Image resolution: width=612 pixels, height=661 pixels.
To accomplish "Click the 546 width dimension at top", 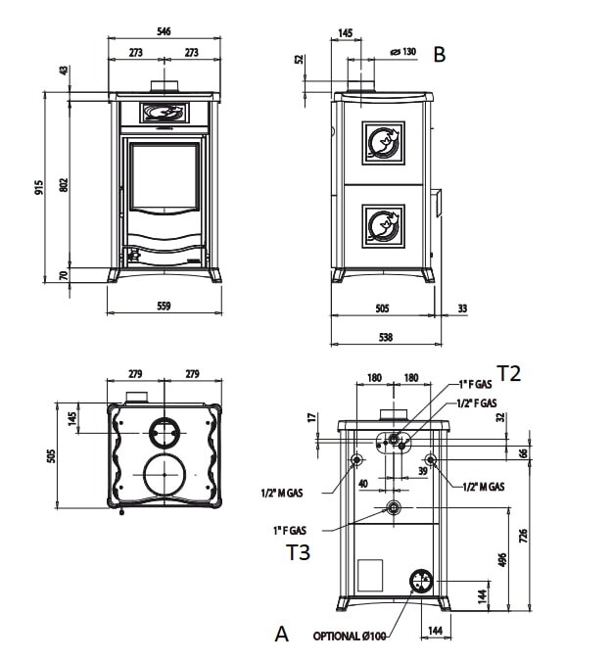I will click(x=164, y=31).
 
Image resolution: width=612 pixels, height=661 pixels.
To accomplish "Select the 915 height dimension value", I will click(x=39, y=186).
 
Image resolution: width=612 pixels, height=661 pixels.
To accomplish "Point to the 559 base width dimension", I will click(x=164, y=306).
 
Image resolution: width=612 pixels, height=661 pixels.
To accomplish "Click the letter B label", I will click(x=440, y=55).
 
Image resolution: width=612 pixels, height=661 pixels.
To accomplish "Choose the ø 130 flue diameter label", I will click(x=402, y=52).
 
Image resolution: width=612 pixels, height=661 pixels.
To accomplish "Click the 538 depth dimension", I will click(x=385, y=338).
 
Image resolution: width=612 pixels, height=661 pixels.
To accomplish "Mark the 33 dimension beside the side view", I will click(x=461, y=308).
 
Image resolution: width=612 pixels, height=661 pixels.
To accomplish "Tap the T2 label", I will click(x=508, y=372).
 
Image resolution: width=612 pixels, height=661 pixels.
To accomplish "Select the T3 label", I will click(x=298, y=553).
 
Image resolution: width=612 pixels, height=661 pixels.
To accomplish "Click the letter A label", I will click(x=282, y=634).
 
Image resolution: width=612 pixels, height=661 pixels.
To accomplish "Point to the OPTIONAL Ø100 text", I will click(x=351, y=637).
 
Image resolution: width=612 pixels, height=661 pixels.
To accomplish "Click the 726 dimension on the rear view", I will click(x=524, y=537).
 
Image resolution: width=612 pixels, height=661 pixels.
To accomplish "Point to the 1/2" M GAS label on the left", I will click(x=282, y=493).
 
